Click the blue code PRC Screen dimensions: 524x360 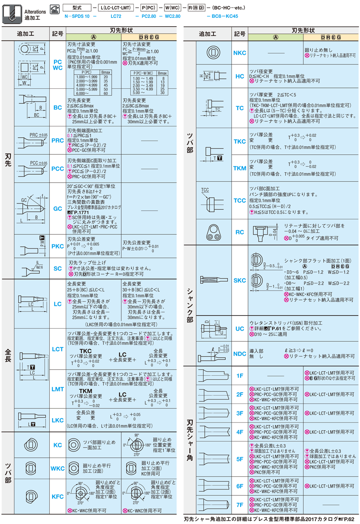[58, 140]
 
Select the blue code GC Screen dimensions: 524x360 [58, 208]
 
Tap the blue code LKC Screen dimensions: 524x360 [58, 420]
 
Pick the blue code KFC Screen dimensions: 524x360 [58, 497]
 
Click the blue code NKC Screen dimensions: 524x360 [240, 53]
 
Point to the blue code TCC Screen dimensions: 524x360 [240, 201]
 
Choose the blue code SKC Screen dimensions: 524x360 [240, 281]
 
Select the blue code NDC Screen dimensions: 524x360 [240, 354]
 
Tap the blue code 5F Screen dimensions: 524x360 [240, 459]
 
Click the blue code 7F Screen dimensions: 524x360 [240, 505]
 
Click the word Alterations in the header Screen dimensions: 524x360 [35, 12]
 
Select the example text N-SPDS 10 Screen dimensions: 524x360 [77, 16]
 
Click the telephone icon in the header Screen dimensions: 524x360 [55, 9]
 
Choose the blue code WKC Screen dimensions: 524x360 [58, 468]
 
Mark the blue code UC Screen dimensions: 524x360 [240, 329]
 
